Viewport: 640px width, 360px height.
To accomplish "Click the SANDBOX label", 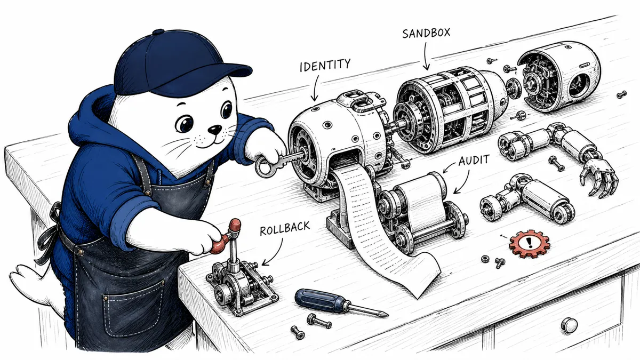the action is (426, 33).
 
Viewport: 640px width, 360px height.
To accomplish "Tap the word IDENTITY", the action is (325, 66).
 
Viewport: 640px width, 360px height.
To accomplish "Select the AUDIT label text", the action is (474, 161).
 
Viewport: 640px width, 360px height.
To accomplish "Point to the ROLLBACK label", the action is (285, 228).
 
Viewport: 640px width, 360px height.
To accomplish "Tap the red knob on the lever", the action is (235, 225).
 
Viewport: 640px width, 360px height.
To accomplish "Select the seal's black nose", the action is (214, 130).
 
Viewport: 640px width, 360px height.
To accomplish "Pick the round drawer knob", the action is (570, 325).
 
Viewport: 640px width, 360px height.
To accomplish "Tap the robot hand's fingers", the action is (599, 178).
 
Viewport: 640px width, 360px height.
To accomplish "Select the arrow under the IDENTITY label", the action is (316, 89).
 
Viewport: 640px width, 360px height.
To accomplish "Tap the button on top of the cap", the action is (158, 31).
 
